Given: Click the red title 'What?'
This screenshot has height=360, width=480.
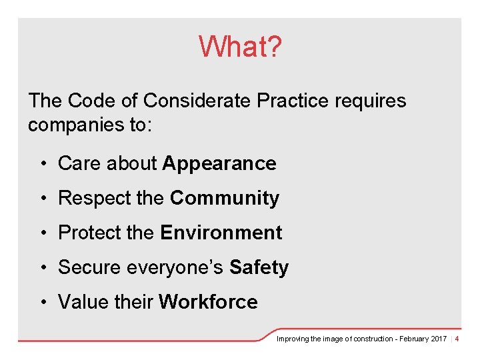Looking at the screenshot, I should click(x=240, y=47).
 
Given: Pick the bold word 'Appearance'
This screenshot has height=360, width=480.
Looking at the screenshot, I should click(x=219, y=163).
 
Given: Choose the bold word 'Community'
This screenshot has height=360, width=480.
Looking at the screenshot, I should click(x=225, y=198).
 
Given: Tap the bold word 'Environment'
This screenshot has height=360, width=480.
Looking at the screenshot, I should click(x=221, y=233).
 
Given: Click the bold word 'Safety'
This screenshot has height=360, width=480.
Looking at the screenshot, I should click(x=259, y=267).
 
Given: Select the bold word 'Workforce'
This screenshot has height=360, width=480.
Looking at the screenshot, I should click(x=208, y=302).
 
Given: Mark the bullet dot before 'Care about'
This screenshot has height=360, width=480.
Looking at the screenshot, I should click(x=42, y=164).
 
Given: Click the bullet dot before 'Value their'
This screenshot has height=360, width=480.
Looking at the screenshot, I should click(x=42, y=303).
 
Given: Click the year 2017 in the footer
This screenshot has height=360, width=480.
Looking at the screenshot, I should click(x=438, y=339).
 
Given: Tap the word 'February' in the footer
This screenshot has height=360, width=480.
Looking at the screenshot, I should click(x=413, y=339).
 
